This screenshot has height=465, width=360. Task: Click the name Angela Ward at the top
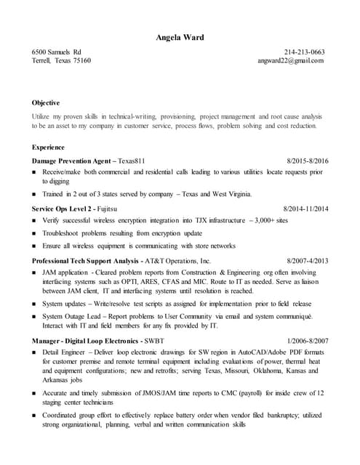coord(180,37)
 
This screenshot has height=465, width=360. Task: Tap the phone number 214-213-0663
coord(305,52)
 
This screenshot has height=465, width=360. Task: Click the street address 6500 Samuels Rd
coord(57,52)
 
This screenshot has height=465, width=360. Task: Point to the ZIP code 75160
coord(80,61)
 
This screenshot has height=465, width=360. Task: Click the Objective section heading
coord(46,102)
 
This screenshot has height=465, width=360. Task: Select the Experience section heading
coord(48,147)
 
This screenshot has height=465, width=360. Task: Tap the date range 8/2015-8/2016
coord(308,160)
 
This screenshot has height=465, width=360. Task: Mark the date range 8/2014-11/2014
coord(305,209)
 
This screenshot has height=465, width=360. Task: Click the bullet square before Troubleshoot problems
coord(35,233)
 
